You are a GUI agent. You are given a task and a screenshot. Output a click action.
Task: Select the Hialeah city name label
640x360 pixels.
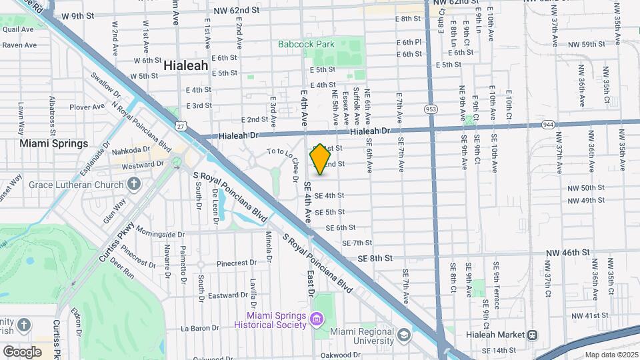coord(186,67)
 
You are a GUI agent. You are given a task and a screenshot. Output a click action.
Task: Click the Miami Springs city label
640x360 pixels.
coord(53,143)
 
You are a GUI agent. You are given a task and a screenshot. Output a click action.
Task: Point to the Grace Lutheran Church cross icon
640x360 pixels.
coord(133,183)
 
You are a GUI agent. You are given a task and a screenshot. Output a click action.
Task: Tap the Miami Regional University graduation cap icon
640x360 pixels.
coord(403,334)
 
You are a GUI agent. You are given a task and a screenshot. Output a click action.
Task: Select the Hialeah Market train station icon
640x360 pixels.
coord(533,335)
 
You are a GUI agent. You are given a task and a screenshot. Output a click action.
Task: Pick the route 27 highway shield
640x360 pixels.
coord(181,125)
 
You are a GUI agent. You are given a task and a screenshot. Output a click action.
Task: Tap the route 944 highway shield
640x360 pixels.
coord(548,124)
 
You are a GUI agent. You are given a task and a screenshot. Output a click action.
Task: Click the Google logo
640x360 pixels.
coord(22,351)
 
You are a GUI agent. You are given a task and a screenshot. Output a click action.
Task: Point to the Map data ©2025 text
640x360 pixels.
coord(611,355)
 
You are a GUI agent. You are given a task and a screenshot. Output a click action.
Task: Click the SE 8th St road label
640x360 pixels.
coord(375,258)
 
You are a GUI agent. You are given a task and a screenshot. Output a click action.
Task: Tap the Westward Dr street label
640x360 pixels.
coord(138,165)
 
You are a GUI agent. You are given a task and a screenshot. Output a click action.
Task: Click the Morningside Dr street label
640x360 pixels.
coord(159,234)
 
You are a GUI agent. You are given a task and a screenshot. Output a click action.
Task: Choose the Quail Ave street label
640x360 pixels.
coord(18,30)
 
